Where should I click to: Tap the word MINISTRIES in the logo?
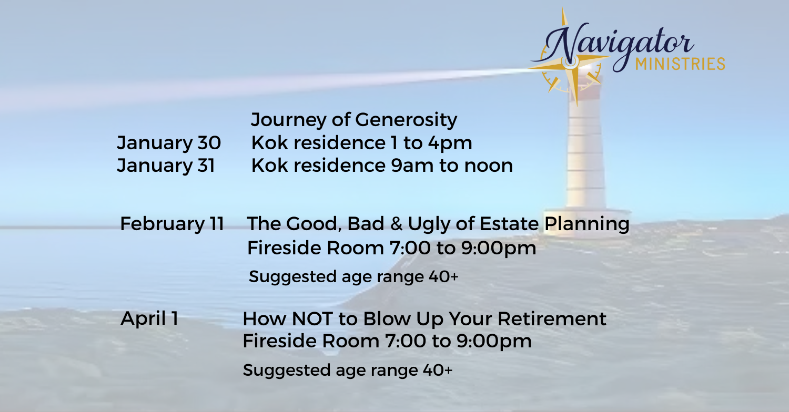680,64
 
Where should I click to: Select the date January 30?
169,143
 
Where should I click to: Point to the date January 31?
166,166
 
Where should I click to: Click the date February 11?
172,224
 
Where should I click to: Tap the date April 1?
149,318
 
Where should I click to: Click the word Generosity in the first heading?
406,120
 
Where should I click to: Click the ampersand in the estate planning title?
396,224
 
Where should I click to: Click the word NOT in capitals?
312,319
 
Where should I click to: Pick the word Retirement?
552,319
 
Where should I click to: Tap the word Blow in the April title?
387,319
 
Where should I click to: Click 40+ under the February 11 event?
443,276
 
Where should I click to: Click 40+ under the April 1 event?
438,370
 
